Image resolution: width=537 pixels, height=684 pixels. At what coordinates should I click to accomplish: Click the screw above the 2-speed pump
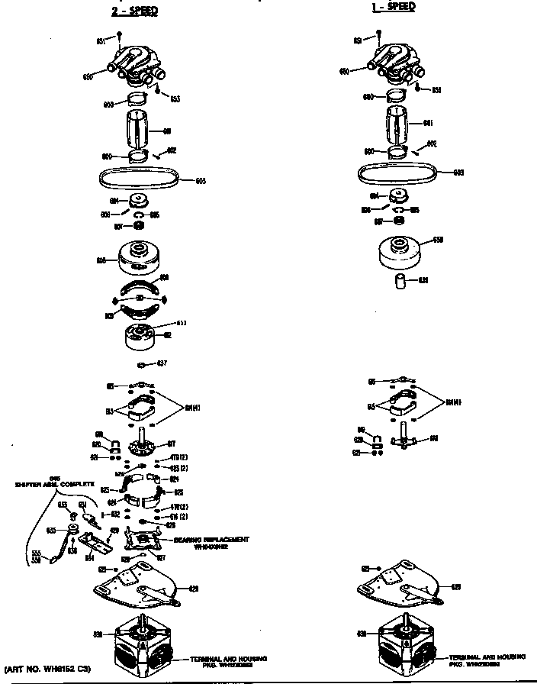tap(120, 34)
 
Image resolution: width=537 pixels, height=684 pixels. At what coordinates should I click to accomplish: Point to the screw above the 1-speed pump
tap(379, 34)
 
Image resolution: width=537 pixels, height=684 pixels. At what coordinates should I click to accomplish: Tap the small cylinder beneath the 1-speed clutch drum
tap(402, 280)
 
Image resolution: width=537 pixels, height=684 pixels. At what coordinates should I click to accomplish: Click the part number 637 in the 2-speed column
tap(162, 363)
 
